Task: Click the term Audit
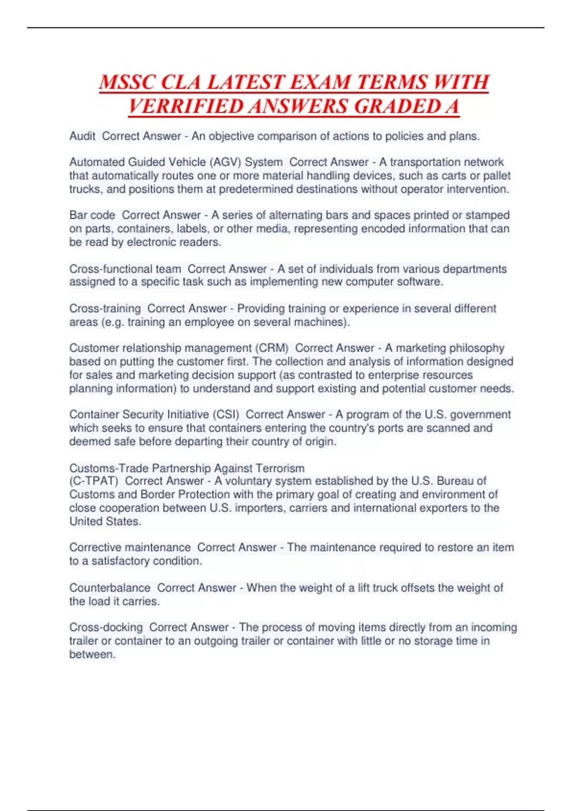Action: [82, 136]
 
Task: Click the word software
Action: [419, 282]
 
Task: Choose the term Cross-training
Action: [105, 309]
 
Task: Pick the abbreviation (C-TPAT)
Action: [93, 481]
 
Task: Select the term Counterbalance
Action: [110, 588]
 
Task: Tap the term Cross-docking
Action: [106, 627]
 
